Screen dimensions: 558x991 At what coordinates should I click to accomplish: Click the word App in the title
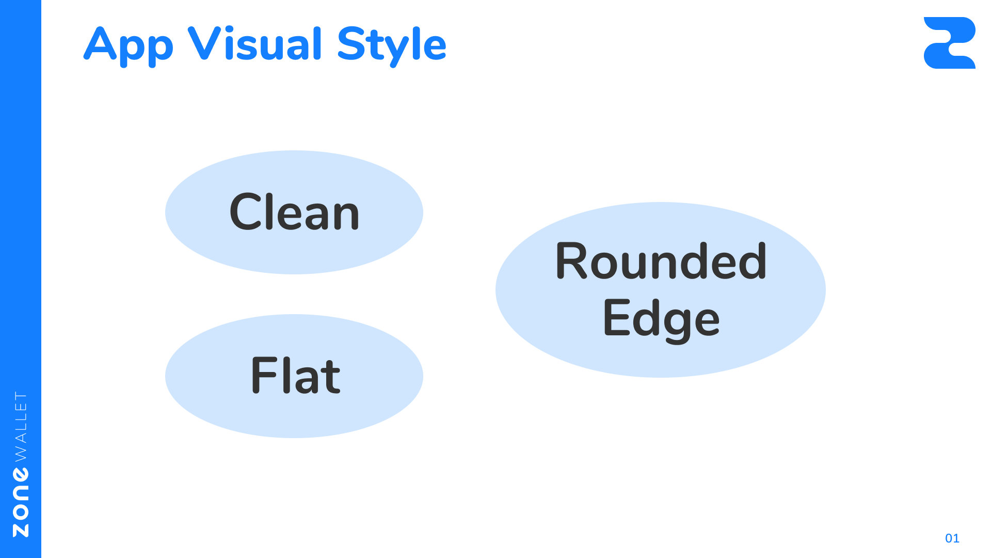point(129,45)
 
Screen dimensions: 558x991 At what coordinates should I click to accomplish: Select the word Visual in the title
point(255,44)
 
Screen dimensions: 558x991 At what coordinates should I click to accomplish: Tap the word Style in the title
point(392,45)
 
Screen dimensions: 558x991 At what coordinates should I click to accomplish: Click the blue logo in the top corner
point(949,43)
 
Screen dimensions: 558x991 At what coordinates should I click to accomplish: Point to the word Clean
point(294,212)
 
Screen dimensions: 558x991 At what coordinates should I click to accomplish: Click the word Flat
point(295,376)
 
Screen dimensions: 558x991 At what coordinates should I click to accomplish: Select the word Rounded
point(661,261)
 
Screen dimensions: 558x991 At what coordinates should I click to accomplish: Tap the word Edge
point(661,319)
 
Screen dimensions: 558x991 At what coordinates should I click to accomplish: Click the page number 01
point(952,538)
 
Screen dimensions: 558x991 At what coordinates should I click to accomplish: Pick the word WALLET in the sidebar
point(21,426)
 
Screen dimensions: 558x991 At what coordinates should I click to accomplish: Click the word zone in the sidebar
point(21,502)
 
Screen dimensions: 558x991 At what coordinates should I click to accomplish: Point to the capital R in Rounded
point(571,261)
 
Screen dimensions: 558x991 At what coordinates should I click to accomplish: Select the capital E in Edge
point(616,317)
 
